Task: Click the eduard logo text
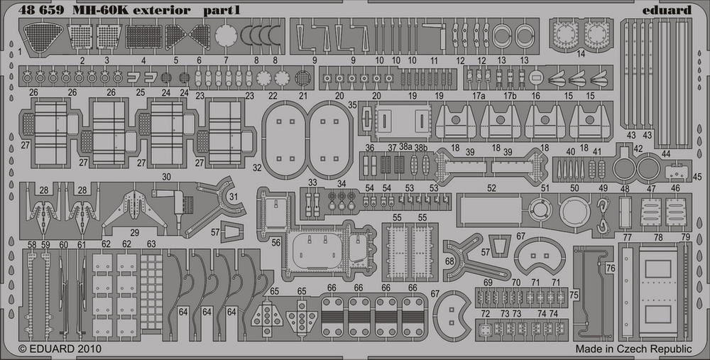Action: (667, 10)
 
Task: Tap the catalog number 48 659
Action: (41, 11)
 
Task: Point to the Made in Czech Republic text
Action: (633, 349)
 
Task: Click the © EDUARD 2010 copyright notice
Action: (60, 349)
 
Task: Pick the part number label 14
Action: (581, 54)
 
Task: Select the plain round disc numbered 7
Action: (226, 35)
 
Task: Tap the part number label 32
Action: (257, 168)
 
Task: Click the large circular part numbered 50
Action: (574, 212)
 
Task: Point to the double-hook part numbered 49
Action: (603, 216)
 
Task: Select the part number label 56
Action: (276, 243)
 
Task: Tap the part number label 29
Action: (134, 233)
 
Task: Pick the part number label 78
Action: (658, 238)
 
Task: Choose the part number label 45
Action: (697, 177)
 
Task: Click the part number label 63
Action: (151, 244)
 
